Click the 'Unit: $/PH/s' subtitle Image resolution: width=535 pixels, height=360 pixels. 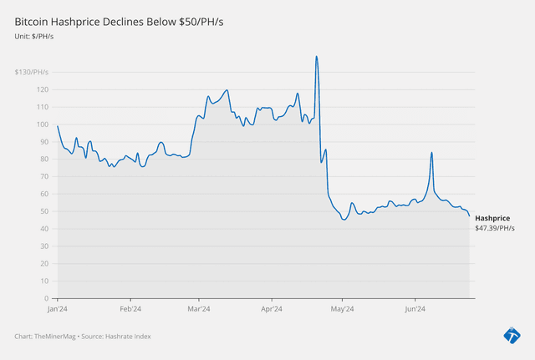(34, 35)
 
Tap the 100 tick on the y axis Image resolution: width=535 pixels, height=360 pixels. (43, 124)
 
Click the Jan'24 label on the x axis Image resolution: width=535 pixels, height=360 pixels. (58, 308)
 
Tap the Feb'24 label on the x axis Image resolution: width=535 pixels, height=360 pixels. (130, 308)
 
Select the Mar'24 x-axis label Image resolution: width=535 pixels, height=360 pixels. (199, 308)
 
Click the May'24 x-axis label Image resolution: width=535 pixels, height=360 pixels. (343, 308)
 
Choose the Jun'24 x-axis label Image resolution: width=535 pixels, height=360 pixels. (415, 308)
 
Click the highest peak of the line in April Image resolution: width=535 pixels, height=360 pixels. (316, 57)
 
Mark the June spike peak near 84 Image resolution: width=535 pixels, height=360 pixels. (431, 153)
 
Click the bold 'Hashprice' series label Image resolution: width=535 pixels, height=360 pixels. (492, 218)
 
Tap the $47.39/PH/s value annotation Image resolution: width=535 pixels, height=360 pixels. (495, 228)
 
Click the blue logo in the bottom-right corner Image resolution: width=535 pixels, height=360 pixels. (512, 336)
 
